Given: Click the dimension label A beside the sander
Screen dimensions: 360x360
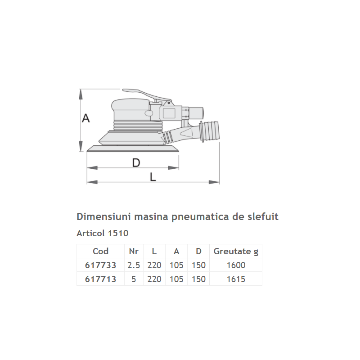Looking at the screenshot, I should pos(86,118).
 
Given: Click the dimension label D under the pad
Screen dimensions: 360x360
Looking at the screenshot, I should pos(136,163).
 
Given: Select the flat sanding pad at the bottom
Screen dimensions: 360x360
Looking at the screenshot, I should pos(133,149).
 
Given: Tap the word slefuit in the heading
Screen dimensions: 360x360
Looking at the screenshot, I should pos(262,216).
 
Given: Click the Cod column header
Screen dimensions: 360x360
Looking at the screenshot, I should pos(100,251).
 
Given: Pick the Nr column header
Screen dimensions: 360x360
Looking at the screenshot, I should pos(134,251).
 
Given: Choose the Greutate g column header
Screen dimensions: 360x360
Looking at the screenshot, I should pos(236,251).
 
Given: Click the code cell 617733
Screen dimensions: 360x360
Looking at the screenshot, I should pos(100,265).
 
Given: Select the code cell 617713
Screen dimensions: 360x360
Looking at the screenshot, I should pos(100,279).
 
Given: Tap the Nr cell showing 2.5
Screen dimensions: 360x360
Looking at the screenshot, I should pos(134,265).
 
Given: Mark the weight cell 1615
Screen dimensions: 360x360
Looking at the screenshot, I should pos(236,279).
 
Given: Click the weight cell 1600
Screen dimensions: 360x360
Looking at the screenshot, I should pos(236,265).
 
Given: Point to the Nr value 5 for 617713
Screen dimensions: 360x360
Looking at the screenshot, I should pos(134,279).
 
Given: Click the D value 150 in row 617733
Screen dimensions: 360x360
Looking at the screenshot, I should pos(198,265).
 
